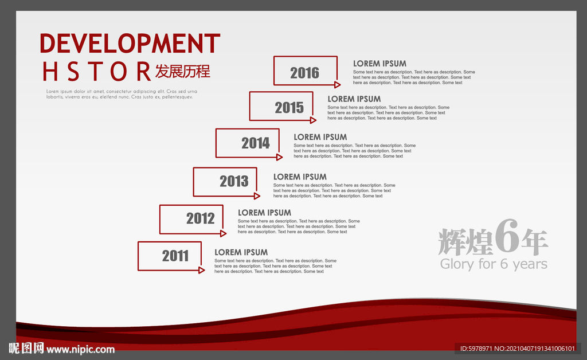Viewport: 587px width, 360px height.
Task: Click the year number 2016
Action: click(x=305, y=73)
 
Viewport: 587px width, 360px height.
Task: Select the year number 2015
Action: click(x=289, y=108)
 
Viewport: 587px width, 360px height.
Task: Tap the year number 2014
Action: click(x=256, y=143)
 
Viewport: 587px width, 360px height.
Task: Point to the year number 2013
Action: click(x=234, y=181)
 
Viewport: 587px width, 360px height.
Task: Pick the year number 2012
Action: click(x=201, y=218)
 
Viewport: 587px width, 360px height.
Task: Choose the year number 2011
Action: click(x=175, y=256)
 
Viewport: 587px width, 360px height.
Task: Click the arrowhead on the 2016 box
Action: click(x=337, y=85)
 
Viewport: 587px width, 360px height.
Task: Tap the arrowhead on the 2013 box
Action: click(x=257, y=195)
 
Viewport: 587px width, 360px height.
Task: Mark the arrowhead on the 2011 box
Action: click(x=201, y=270)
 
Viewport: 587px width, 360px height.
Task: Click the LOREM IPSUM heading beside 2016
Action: click(x=379, y=64)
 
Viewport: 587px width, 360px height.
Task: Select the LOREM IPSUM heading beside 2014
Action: click(x=320, y=137)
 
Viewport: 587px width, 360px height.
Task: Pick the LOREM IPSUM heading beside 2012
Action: click(x=264, y=213)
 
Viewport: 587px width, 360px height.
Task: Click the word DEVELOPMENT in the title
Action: click(x=130, y=44)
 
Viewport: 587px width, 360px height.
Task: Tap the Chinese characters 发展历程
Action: click(x=183, y=72)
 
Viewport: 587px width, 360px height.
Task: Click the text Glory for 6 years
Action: click(x=494, y=264)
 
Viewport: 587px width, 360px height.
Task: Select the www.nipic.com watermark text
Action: click(x=80, y=349)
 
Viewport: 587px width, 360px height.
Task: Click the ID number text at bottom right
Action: click(x=518, y=349)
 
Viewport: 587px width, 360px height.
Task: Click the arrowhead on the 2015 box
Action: click(x=313, y=120)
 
